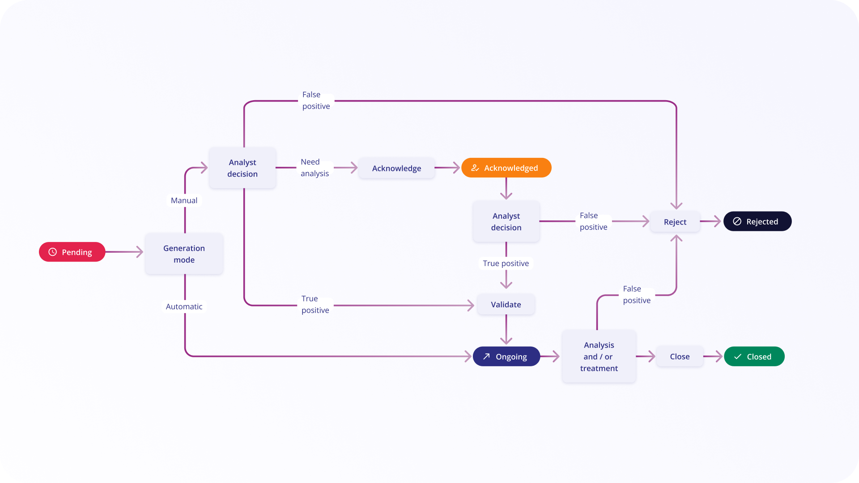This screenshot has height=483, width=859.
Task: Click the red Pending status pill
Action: tap(72, 252)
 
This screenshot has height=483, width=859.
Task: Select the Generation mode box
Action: tap(184, 254)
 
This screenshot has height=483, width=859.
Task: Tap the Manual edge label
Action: tap(184, 200)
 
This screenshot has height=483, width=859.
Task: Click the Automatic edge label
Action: tap(184, 306)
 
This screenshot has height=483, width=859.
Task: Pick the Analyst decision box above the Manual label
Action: tap(242, 168)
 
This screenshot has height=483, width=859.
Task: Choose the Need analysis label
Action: tap(315, 168)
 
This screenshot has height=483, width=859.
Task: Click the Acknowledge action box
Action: tap(396, 168)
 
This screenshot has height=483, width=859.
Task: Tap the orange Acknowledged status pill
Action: tap(506, 168)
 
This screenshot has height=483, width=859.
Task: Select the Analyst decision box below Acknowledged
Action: tap(506, 222)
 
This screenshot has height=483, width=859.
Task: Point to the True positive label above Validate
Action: tap(506, 263)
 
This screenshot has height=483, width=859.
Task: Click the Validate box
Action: tap(506, 305)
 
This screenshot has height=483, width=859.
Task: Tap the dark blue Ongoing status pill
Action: tap(506, 356)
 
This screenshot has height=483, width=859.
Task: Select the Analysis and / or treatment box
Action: tap(599, 356)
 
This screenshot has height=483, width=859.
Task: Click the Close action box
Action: tap(679, 356)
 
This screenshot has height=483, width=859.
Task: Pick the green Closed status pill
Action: tap(754, 356)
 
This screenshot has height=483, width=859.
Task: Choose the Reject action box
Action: tap(675, 222)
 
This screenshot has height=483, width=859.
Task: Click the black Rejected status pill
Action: tap(757, 221)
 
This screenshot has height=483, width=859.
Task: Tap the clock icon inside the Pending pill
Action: tap(53, 252)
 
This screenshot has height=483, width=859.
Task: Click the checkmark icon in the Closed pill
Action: tap(738, 356)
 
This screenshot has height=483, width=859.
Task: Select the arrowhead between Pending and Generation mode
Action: tap(140, 252)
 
